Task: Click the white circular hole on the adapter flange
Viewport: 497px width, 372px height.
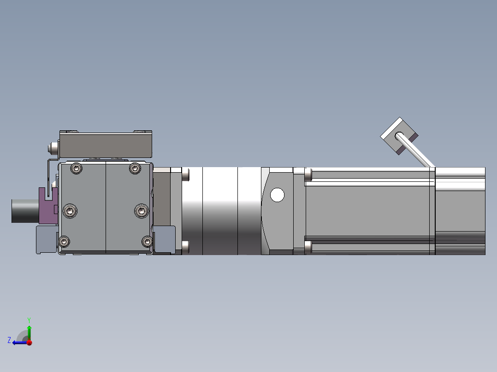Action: pyautogui.click(x=278, y=195)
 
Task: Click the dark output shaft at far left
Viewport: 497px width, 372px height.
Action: pyautogui.click(x=25, y=211)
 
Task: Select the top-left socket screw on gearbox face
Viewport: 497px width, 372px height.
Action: pyautogui.click(x=77, y=168)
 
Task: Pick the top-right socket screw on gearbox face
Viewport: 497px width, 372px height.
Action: pyautogui.click(x=135, y=168)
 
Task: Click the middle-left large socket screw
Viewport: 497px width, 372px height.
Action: pyautogui.click(x=70, y=211)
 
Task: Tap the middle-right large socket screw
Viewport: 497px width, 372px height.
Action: pyautogui.click(x=142, y=211)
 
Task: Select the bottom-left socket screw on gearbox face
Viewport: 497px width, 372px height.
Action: pyautogui.click(x=65, y=242)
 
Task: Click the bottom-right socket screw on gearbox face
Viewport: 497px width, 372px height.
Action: pyautogui.click(x=147, y=242)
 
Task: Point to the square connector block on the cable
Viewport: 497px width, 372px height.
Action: pyautogui.click(x=399, y=136)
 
